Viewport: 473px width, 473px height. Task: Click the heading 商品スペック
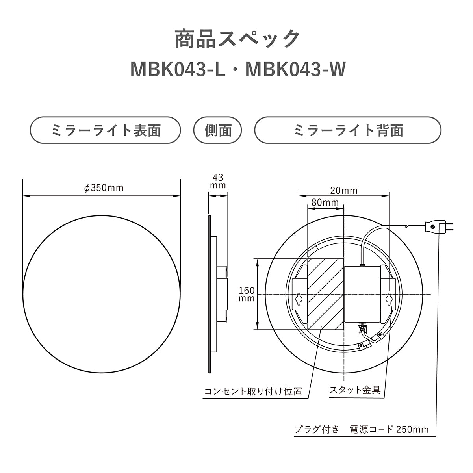click(x=237, y=39)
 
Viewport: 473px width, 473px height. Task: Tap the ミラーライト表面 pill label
click(x=106, y=130)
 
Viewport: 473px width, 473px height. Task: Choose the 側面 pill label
click(x=218, y=130)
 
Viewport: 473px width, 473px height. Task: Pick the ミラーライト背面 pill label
click(x=348, y=130)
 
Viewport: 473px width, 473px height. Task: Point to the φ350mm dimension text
click(x=104, y=188)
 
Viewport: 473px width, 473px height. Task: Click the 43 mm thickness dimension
click(x=218, y=181)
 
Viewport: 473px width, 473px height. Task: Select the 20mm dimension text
click(x=344, y=191)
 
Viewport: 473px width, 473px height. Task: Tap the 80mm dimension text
click(x=325, y=202)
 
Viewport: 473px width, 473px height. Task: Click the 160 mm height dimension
click(x=247, y=294)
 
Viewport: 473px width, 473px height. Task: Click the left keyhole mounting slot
click(x=299, y=299)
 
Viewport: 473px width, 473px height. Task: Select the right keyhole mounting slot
click(x=389, y=299)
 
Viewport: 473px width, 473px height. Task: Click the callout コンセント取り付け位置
click(x=253, y=391)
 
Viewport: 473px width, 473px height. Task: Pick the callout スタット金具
click(x=354, y=390)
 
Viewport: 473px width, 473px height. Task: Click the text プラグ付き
click(x=317, y=429)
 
